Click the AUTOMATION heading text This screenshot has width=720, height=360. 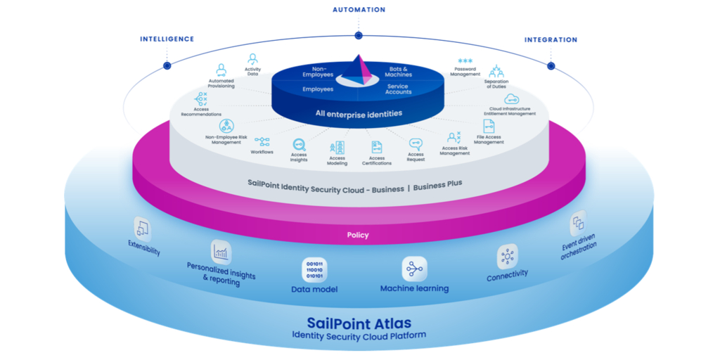359,10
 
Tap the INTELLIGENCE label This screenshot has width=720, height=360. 167,39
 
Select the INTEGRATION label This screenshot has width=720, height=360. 551,40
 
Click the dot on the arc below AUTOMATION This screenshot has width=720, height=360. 359,35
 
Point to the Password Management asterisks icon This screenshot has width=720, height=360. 465,61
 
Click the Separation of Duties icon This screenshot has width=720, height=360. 496,71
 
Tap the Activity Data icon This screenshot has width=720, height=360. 252,59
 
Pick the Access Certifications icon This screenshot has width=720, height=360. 377,147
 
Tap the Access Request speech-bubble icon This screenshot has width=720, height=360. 416,143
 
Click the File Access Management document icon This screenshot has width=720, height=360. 489,127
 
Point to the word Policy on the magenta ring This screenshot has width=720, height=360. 358,235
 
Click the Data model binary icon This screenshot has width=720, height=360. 314,271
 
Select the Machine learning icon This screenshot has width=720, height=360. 414,269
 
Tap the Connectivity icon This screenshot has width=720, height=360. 507,257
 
